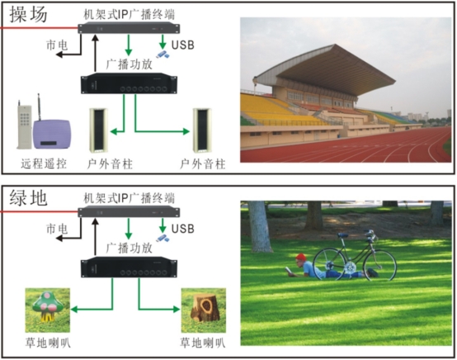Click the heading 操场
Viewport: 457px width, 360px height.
[x=28, y=14]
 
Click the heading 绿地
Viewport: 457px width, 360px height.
[x=28, y=198]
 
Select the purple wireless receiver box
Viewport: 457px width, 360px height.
[x=52, y=134]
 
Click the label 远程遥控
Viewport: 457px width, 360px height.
[x=44, y=164]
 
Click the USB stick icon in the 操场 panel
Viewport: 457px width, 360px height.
[x=163, y=54]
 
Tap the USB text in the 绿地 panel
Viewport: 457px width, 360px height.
[x=183, y=229]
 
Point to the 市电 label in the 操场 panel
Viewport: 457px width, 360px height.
[x=57, y=45]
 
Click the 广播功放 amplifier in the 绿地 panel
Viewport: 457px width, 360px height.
[x=129, y=267]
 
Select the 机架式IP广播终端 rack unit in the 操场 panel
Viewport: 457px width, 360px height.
[x=129, y=28]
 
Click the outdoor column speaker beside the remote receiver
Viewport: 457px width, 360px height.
[x=98, y=130]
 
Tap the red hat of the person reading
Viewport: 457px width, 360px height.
[x=301, y=258]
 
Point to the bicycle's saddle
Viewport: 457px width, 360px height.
[x=343, y=234]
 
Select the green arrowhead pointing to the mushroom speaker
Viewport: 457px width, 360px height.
[x=74, y=310]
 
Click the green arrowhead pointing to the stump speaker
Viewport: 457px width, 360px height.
[x=177, y=310]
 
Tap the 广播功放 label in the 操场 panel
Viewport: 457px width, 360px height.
[x=130, y=64]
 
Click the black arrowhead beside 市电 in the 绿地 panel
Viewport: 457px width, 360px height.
[x=59, y=239]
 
